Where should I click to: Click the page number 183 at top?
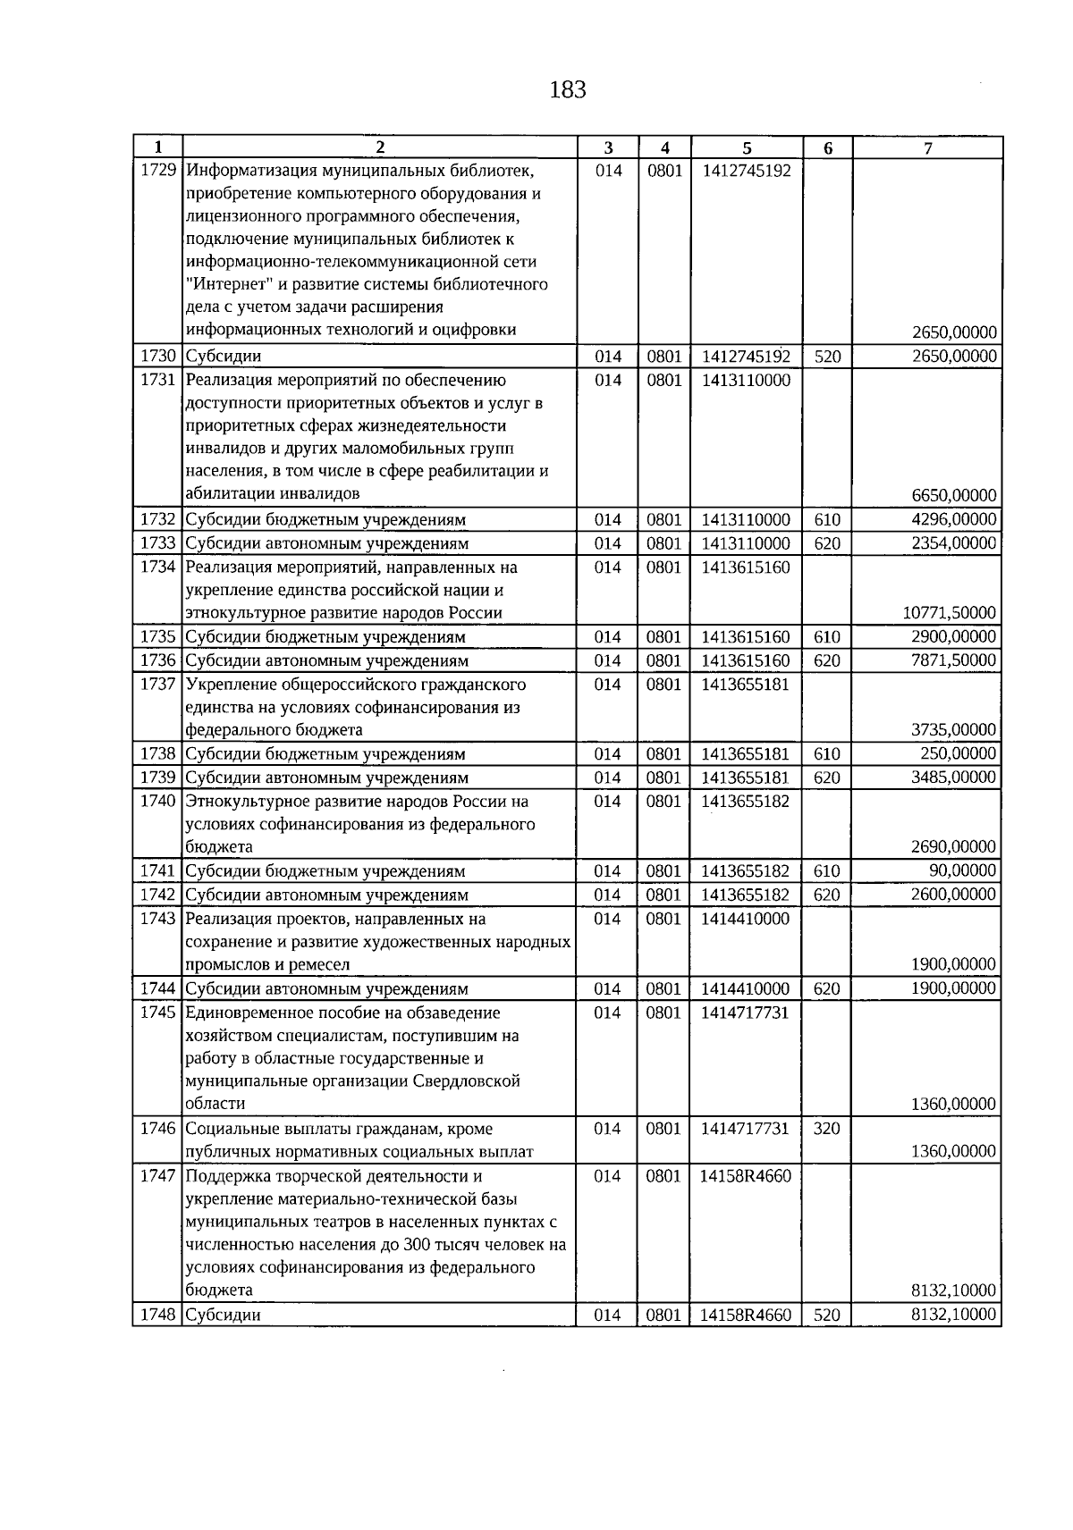tap(568, 89)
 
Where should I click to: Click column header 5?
tap(747, 148)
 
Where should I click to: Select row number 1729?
tap(158, 170)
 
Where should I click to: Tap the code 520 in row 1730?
tap(827, 357)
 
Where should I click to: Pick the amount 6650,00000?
tap(953, 495)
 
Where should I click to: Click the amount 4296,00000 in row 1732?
tap(953, 519)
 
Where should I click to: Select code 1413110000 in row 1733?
tap(746, 543)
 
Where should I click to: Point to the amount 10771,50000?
tap(950, 613)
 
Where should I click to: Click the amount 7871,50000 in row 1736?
tap(953, 660)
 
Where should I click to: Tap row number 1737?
tap(158, 685)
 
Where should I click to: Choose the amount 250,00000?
tap(959, 753)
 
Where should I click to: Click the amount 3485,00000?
tap(953, 778)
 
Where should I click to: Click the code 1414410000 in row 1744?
tap(746, 988)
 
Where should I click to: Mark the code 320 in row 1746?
tap(827, 1129)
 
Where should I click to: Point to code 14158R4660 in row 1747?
tap(746, 1176)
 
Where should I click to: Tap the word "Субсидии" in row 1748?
tap(224, 1316)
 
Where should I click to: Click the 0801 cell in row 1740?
tap(663, 802)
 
